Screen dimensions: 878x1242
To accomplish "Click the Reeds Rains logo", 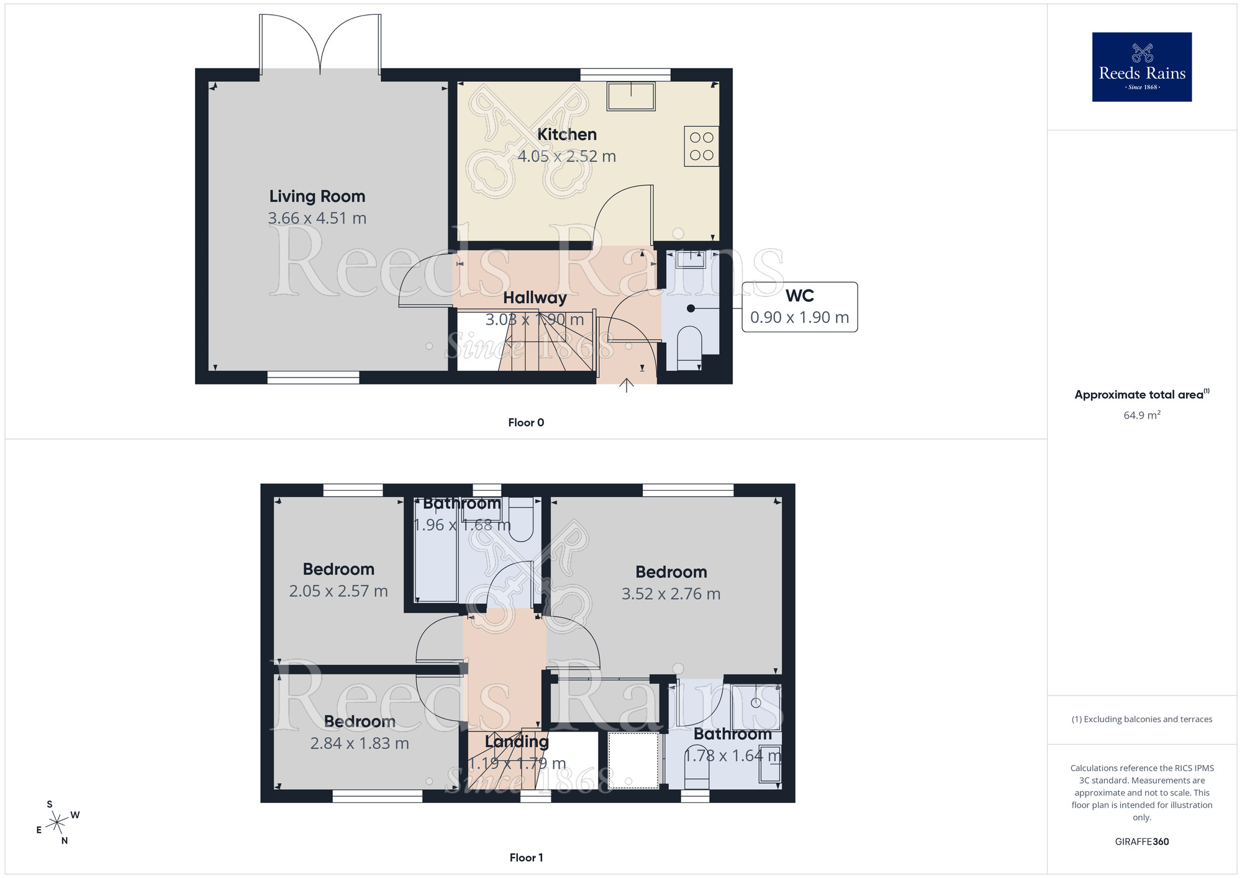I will click(x=1141, y=67).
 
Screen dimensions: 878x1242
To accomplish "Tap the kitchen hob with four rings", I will click(x=701, y=147).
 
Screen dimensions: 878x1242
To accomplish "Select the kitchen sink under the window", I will click(x=631, y=97).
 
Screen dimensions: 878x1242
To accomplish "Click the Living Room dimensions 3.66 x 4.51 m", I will click(x=317, y=219).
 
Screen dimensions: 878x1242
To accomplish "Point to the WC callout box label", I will click(x=799, y=296).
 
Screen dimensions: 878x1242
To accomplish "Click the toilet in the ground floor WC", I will click(x=689, y=347).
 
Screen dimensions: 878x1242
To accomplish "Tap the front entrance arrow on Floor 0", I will click(x=627, y=386).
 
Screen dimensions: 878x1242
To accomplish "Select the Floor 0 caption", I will click(x=526, y=423).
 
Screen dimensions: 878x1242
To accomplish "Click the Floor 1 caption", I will click(x=526, y=858).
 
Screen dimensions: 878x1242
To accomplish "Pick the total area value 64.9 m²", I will click(x=1141, y=415).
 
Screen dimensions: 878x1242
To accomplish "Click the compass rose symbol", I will click(x=57, y=822).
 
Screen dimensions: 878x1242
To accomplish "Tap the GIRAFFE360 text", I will click(x=1141, y=842).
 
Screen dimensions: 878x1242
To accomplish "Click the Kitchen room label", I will click(x=566, y=135).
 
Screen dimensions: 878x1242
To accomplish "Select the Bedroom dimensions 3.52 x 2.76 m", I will click(x=671, y=594).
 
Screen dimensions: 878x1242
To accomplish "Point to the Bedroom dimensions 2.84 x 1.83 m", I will click(x=360, y=743).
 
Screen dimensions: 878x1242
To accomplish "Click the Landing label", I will click(x=517, y=741).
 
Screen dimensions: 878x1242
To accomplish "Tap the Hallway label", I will click(x=535, y=298).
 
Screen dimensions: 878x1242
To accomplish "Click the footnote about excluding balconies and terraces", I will click(x=1141, y=720).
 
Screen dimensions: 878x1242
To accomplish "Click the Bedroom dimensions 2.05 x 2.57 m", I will click(x=338, y=591).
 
